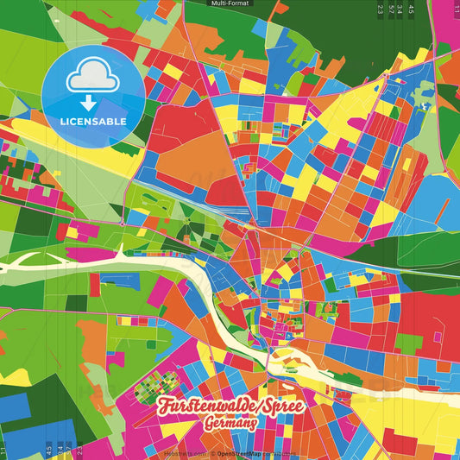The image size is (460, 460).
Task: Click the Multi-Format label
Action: pyautogui.click(x=229, y=3)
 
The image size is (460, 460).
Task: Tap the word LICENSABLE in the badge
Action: pyautogui.click(x=93, y=122)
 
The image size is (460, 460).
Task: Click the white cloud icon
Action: pyautogui.click(x=93, y=76)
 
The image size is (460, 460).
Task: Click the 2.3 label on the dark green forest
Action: pyautogui.click(x=381, y=9)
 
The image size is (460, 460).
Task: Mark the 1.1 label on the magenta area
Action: pyautogui.click(x=456, y=7)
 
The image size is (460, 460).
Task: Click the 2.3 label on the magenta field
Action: pyautogui.click(x=79, y=450)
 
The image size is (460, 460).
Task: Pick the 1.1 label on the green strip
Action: pyautogui.click(x=3, y=451)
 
